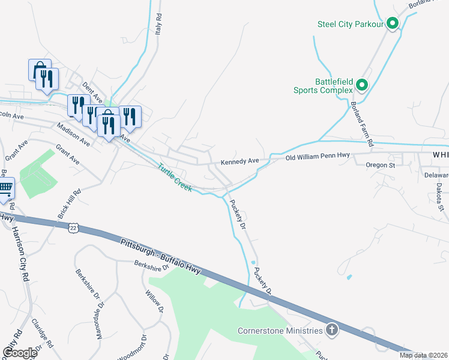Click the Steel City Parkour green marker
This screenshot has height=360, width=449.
click(393, 23)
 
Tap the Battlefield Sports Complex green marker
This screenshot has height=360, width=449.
click(362, 85)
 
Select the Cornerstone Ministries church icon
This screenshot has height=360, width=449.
click(332, 329)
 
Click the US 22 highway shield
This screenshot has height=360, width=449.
click(73, 227)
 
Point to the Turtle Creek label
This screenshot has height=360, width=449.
click(175, 178)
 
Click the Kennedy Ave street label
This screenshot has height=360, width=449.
click(239, 161)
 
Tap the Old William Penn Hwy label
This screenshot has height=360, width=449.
click(317, 157)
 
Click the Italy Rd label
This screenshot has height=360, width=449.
click(159, 27)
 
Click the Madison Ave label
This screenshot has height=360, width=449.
click(73, 135)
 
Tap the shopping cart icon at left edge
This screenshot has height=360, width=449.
click(5, 188)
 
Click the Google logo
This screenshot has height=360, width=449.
click(19, 352)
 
